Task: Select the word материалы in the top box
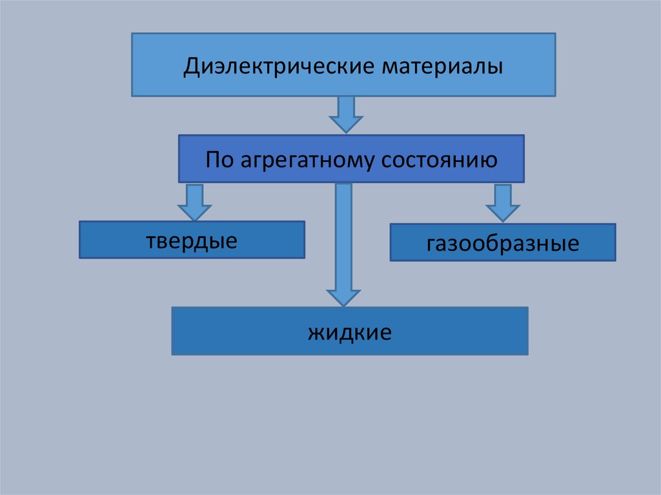coord(443,66)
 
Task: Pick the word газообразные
coord(502,244)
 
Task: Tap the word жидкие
coord(350,333)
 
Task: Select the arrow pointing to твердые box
coord(194,201)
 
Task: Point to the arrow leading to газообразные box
coord(503,203)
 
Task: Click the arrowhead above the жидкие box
coord(343,296)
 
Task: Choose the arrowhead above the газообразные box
coord(503,213)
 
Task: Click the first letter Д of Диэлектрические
coord(190,67)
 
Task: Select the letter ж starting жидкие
coord(315,334)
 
